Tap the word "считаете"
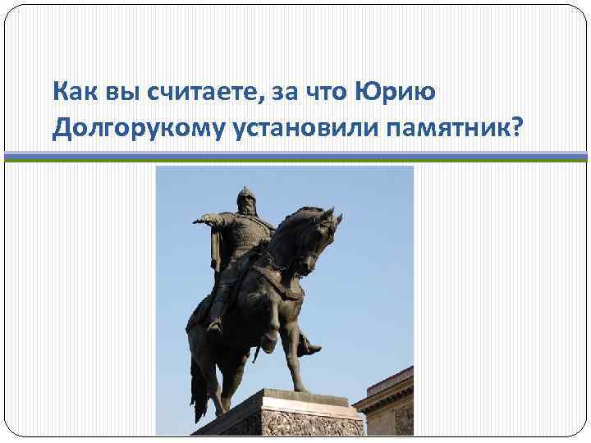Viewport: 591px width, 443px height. pos(199,94)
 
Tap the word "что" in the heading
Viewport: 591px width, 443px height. pos(326,94)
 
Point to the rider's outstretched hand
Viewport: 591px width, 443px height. pos(197,221)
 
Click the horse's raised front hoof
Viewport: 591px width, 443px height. pos(266,345)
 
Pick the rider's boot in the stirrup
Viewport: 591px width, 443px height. pos(309,349)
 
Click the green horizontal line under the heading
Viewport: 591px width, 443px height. pos(295,161)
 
